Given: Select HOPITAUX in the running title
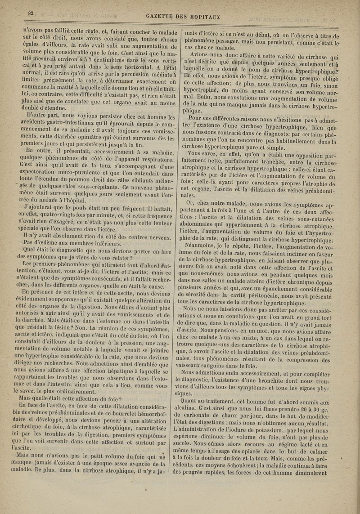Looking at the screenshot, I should [205, 18].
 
